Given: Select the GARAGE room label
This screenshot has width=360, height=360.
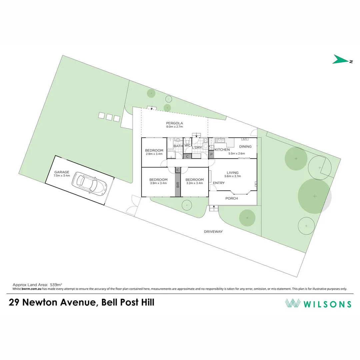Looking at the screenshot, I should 62,172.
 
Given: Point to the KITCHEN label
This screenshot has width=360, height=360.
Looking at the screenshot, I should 222,150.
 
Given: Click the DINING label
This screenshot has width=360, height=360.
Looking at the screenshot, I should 245,147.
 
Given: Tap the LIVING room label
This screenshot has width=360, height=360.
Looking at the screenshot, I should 232,173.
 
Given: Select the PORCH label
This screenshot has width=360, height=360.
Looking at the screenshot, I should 232,198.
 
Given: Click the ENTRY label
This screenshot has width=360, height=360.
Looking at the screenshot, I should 219,183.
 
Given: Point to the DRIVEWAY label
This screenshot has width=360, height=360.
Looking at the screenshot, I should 213,231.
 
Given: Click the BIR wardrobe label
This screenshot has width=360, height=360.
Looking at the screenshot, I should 178,185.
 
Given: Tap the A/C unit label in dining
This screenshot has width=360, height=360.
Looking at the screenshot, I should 245,139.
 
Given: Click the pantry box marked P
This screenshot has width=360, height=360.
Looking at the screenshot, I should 211,155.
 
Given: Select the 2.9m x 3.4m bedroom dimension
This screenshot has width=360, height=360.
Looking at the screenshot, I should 154,154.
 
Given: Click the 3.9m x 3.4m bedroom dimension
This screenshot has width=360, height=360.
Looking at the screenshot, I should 158,183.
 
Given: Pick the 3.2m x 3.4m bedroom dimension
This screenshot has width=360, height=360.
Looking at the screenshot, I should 195,183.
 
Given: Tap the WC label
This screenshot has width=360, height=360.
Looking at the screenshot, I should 187,146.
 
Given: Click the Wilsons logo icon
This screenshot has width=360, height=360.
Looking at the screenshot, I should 292,303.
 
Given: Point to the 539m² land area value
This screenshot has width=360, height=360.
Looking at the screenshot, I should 56,285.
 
